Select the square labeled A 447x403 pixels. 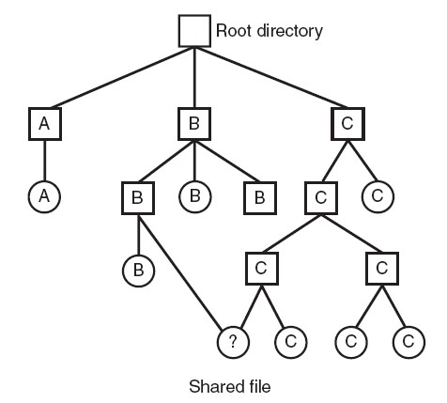(45, 124)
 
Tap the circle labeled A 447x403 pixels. (44, 196)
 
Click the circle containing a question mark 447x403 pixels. (233, 342)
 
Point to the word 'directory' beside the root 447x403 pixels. (290, 31)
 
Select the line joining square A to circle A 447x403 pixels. (44, 161)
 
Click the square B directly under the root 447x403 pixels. (194, 124)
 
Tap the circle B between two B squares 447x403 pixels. (195, 196)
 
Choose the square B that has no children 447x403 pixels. (260, 198)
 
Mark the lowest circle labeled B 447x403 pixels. (138, 271)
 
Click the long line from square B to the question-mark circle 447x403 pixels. (180, 273)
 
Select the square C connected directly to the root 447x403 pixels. (347, 124)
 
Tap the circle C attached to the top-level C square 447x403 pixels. (378, 196)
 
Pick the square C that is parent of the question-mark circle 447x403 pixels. (262, 269)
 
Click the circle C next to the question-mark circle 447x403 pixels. (291, 342)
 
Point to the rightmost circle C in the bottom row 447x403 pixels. (408, 342)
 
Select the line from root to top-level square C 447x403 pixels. (271, 77)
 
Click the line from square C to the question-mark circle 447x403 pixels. (252, 307)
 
